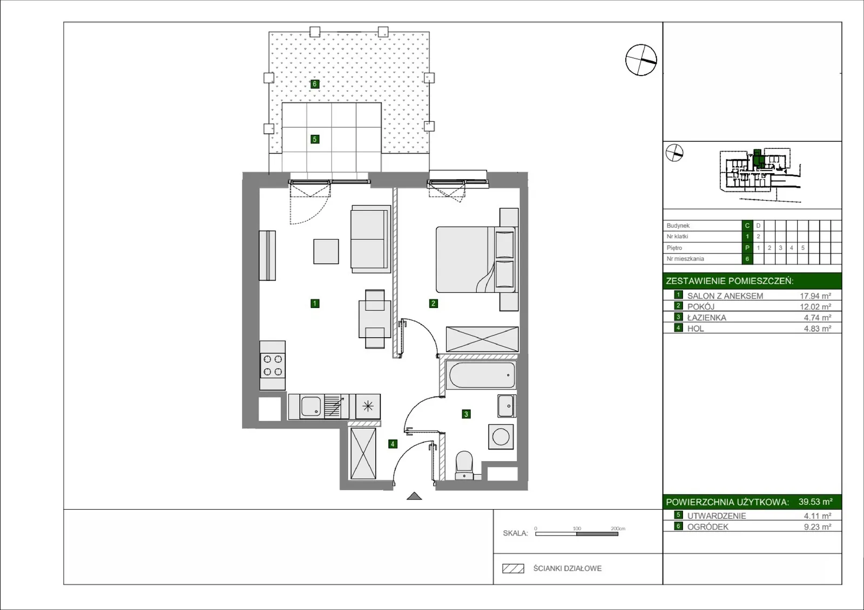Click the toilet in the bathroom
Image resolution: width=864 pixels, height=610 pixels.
[x=464, y=465]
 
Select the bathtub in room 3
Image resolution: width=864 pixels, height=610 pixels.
[x=481, y=374]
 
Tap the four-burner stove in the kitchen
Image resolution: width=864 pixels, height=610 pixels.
[x=272, y=365]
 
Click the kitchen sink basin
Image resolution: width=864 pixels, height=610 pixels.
[x=310, y=406]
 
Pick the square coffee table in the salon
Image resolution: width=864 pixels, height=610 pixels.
[x=326, y=251]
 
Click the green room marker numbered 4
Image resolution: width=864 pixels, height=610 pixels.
[x=392, y=444]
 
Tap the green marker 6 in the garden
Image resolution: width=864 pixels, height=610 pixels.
[x=315, y=84]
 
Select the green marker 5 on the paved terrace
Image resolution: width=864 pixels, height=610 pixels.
[x=315, y=139]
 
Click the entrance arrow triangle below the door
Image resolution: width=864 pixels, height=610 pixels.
[x=414, y=496]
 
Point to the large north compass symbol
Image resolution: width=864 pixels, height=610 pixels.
[x=640, y=60]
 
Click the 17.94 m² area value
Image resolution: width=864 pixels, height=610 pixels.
[x=815, y=296]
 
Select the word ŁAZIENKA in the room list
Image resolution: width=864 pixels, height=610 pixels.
[x=707, y=318]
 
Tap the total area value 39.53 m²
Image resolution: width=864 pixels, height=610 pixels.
[x=815, y=502]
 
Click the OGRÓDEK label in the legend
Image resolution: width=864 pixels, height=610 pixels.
[x=708, y=527]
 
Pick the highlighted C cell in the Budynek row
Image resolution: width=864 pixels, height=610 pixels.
[x=747, y=225]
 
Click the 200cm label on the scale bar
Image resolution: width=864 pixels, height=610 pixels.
[x=618, y=529]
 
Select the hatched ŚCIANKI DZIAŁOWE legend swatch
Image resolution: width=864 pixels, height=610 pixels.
[x=513, y=568]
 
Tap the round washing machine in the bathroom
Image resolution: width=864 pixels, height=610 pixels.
[x=501, y=437]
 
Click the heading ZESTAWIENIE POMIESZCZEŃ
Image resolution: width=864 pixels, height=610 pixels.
[x=730, y=281]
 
